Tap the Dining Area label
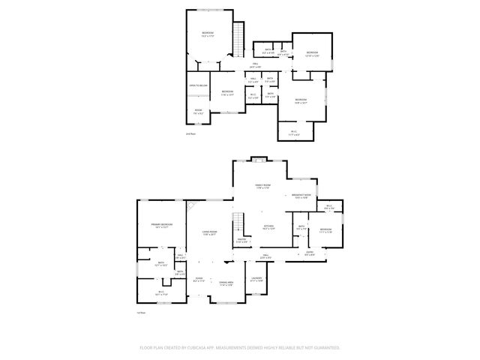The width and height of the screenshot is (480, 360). [x=226, y=283]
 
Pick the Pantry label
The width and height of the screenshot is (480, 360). [x=242, y=240]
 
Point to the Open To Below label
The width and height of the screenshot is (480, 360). [x=198, y=86]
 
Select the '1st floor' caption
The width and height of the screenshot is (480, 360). [x=140, y=312]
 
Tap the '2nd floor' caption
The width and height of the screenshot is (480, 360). [x=190, y=133]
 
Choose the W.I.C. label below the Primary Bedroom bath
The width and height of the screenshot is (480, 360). [x=160, y=292]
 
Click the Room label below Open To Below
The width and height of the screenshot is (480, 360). [x=198, y=112]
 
